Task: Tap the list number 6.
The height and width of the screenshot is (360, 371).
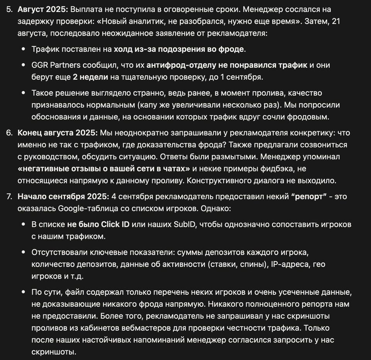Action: pyautogui.click(x=9, y=133)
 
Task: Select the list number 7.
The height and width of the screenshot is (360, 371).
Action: pyautogui.click(x=9, y=196)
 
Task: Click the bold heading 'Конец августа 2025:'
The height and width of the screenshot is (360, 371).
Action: pyautogui.click(x=58, y=133)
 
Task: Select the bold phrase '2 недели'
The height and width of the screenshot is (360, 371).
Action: pyautogui.click(x=90, y=77)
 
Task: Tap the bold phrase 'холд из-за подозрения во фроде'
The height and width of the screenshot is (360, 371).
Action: pyautogui.click(x=179, y=49)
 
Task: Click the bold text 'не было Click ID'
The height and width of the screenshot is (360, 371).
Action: pyautogui.click(x=98, y=224)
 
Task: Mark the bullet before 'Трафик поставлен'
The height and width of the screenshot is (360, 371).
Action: pyautogui.click(x=24, y=49)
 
